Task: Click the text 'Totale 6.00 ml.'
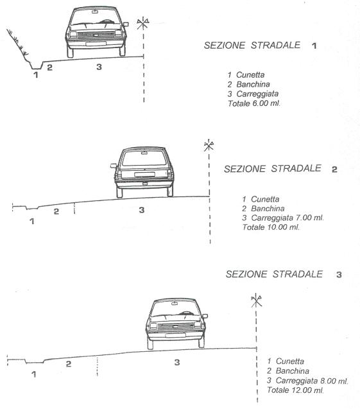click(254, 103)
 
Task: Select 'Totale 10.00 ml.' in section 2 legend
click(271, 227)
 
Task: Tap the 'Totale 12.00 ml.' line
click(295, 390)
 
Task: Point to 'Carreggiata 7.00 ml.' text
click(287, 218)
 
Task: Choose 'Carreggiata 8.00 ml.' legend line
click(312, 381)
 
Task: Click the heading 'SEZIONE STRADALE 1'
click(260, 46)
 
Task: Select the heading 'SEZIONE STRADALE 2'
click(281, 169)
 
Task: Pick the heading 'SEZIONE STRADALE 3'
click(284, 274)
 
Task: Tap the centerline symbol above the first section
click(143, 23)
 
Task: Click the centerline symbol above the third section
click(256, 300)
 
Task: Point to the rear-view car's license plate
click(144, 174)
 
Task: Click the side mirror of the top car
click(126, 24)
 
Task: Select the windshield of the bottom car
click(175, 309)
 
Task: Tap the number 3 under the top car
click(99, 67)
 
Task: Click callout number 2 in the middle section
click(56, 211)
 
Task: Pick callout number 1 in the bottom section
click(33, 374)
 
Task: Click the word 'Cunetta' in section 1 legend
click(250, 75)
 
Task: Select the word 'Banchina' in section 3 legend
click(293, 371)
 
